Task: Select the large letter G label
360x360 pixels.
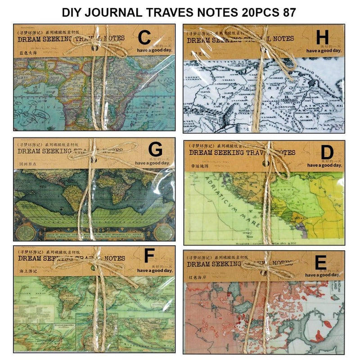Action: coord(155,148)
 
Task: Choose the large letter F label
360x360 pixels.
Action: coord(148,256)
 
